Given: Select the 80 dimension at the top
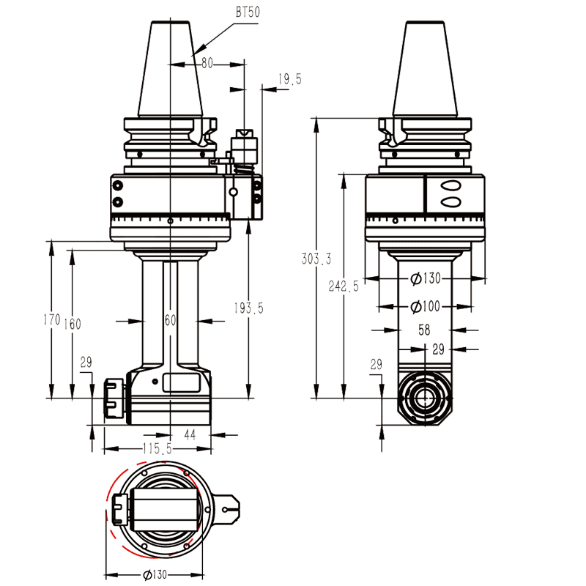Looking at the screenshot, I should pyautogui.click(x=207, y=64).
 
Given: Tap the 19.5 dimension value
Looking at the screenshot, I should pyautogui.click(x=289, y=80).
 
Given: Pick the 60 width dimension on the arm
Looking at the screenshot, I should pyautogui.click(x=170, y=320).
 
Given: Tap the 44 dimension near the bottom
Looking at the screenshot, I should pyautogui.click(x=190, y=434).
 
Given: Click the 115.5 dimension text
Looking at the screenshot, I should pyautogui.click(x=156, y=448).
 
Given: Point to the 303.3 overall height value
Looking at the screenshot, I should pyautogui.click(x=316, y=259).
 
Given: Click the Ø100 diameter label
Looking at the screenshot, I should pyautogui.click(x=425, y=305).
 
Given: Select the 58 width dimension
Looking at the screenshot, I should pyautogui.click(x=424, y=330).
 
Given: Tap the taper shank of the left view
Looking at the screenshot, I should pyautogui.click(x=175, y=70).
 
